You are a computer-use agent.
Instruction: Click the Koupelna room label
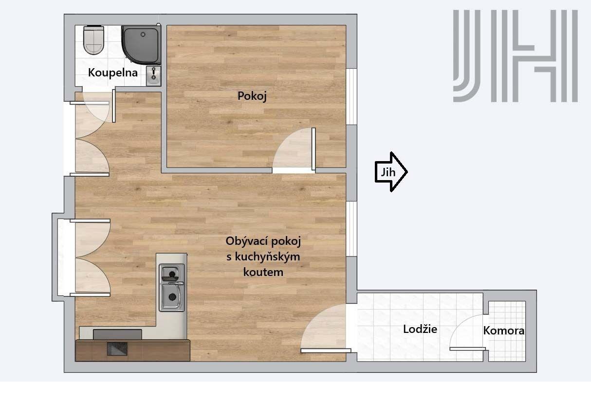pos(112,73)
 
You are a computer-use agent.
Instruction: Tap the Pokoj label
pos(252,96)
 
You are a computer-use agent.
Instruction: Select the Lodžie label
pos(420,329)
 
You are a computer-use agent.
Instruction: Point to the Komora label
pos(504,331)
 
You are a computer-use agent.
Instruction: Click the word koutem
pos(263,272)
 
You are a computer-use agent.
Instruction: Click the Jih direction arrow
pos(391,172)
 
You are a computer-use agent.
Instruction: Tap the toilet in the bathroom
pos(93,40)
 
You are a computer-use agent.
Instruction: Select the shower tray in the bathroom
pos(141,45)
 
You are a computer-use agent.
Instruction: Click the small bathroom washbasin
pos(153,76)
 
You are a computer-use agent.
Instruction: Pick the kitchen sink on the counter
pos(172,288)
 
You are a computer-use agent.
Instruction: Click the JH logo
pos(515,56)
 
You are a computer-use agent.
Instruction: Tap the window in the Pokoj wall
pos(351,96)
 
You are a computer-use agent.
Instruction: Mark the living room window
pos(351,229)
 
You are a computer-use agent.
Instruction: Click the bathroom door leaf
pos(114,106)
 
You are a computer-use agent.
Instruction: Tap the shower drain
pos(143,34)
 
